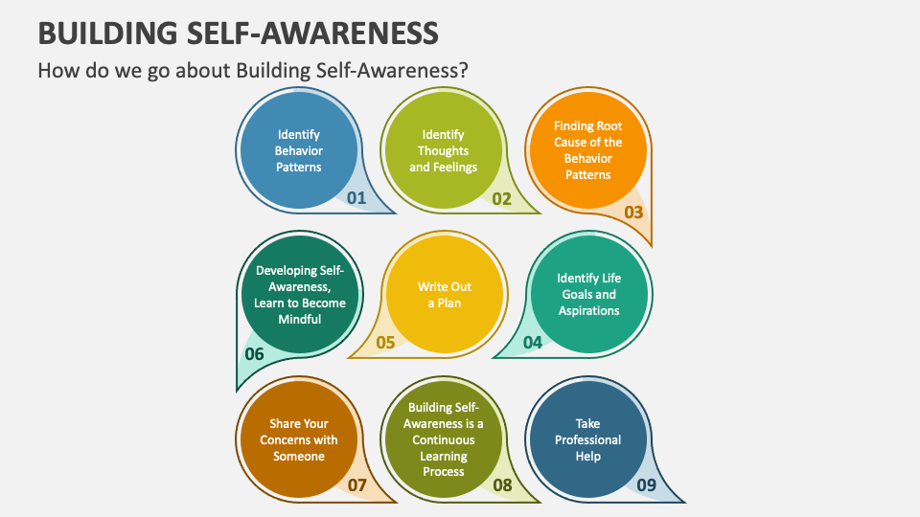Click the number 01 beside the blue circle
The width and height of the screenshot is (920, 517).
click(x=356, y=198)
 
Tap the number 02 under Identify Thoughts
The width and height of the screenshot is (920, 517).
click(x=502, y=198)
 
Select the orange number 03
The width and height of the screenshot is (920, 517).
click(x=633, y=213)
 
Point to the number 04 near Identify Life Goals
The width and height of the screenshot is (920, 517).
click(x=532, y=342)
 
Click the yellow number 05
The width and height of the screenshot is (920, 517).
click(x=386, y=342)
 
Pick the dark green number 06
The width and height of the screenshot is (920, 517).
click(x=254, y=354)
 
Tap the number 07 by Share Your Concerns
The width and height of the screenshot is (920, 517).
click(x=356, y=485)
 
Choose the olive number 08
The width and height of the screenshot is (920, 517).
click(x=502, y=485)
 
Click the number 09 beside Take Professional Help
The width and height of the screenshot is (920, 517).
click(x=647, y=485)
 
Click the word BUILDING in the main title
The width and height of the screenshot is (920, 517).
click(x=106, y=34)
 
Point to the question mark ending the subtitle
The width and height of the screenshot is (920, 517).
click(x=463, y=71)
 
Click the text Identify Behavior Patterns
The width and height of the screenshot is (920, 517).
click(x=298, y=150)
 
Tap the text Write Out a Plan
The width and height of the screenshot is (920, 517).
click(x=444, y=294)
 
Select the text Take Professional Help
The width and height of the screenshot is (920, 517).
click(x=588, y=439)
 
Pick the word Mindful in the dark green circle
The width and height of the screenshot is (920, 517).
click(x=299, y=320)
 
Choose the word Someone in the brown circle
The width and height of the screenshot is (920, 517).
click(x=299, y=457)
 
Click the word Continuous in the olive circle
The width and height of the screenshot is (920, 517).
click(x=444, y=439)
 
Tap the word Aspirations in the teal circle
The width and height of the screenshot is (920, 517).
click(x=588, y=310)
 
